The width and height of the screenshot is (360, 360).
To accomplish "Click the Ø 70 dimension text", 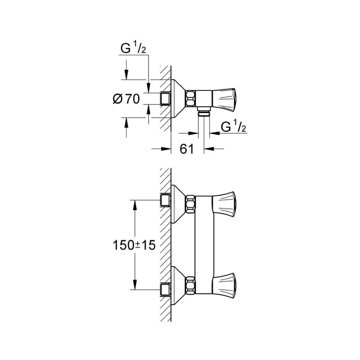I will (x=126, y=99).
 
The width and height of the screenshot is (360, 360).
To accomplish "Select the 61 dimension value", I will (x=186, y=149).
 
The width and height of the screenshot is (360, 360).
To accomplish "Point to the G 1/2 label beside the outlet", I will (x=233, y=126).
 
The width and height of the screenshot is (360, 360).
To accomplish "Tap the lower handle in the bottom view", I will (x=225, y=282).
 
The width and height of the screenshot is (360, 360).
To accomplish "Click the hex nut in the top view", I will (x=190, y=98).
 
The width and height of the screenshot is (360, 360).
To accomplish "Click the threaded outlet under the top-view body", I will (x=204, y=113).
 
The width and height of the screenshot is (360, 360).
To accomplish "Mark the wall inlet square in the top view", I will (x=165, y=98).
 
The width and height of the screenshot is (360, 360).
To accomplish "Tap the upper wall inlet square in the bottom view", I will (x=165, y=200).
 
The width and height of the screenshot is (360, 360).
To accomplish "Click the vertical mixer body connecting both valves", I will (x=204, y=241).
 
